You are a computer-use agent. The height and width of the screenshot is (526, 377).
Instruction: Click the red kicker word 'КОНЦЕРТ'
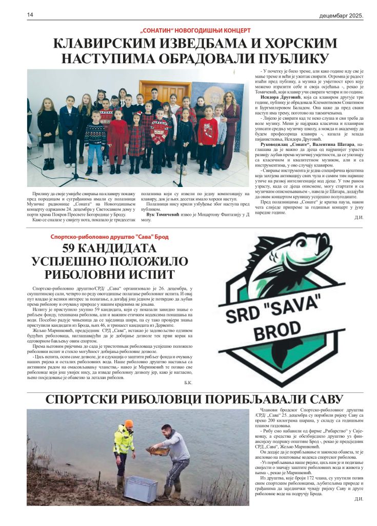pos(233,30)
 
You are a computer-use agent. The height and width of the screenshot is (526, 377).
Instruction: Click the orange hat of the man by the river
pos(129,423)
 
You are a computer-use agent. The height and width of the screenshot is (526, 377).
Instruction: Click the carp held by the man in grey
pos(157,450)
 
